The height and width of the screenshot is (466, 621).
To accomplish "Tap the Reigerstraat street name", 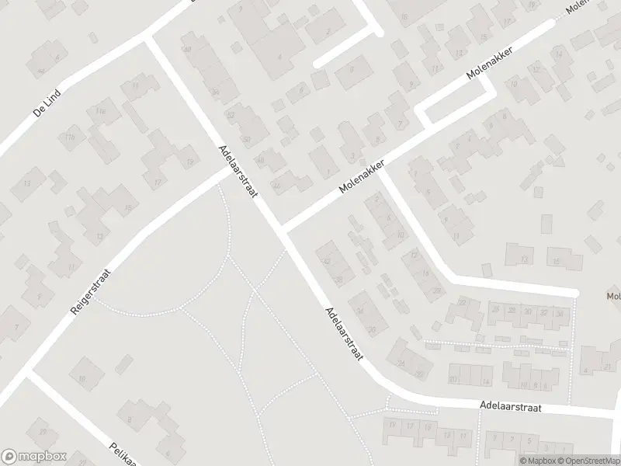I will (92, 290).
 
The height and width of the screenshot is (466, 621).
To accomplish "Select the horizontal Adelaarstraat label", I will (509, 406).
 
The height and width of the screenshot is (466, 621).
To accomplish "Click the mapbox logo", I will (33, 457).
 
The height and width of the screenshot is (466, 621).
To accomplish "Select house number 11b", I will (71, 138).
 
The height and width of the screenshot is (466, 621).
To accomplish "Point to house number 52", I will (230, 114).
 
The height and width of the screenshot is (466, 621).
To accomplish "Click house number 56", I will (215, 91).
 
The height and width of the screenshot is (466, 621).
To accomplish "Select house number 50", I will (247, 140).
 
